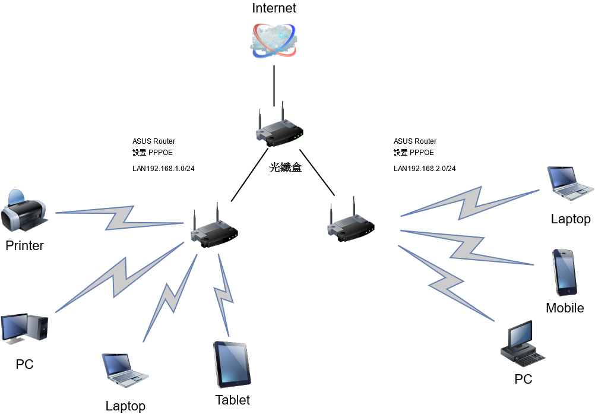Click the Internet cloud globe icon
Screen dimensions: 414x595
[x=274, y=40]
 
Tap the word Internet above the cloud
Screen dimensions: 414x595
[x=274, y=8]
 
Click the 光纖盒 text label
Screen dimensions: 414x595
[x=286, y=168]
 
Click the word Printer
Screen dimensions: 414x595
[x=25, y=245]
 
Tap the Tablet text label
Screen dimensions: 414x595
[x=233, y=400]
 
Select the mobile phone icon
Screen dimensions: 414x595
[x=564, y=271]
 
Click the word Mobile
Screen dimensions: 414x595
[x=565, y=308]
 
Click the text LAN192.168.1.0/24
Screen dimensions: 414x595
[x=164, y=169]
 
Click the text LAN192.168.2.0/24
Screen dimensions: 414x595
[x=425, y=169]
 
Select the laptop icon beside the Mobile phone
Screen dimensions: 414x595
[x=569, y=182]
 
